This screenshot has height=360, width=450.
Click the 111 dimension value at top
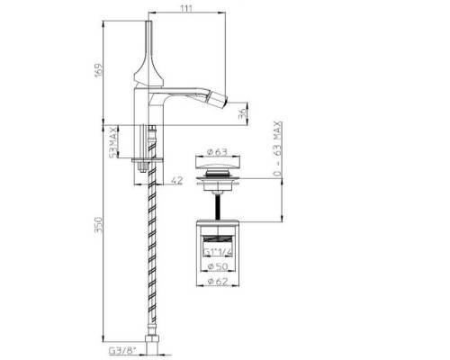click(187, 8)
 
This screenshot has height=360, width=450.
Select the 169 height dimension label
click(99, 71)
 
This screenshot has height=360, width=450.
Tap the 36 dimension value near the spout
click(242, 113)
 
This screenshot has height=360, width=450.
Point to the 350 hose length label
click(99, 225)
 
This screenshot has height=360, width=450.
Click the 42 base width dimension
click(177, 180)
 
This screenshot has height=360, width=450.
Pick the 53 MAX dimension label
click(112, 141)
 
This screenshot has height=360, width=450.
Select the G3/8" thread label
click(122, 350)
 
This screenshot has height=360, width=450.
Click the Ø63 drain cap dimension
click(218, 152)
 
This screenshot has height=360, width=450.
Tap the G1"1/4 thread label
click(218, 251)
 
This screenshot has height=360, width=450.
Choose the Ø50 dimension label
click(218, 266)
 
